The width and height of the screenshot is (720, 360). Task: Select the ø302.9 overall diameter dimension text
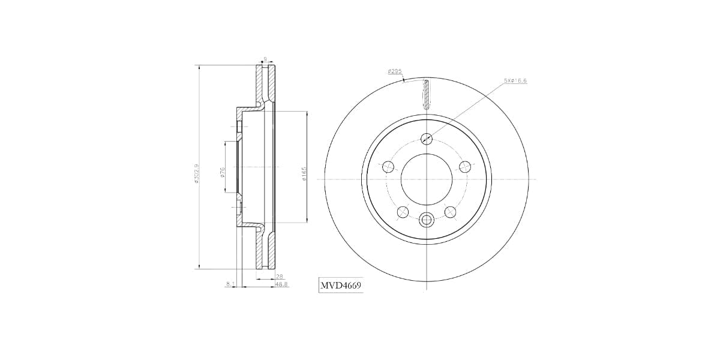(197, 173)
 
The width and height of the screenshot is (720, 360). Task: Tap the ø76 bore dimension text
(223, 172)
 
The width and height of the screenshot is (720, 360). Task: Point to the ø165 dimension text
(304, 173)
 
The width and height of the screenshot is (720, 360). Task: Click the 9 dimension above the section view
(265, 59)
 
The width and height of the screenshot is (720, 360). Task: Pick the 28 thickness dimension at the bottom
(279, 276)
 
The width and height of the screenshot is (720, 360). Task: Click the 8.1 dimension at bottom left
(230, 284)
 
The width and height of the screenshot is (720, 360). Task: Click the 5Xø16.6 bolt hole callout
(515, 80)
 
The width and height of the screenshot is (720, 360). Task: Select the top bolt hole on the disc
(427, 138)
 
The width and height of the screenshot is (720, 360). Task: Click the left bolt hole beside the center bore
(388, 167)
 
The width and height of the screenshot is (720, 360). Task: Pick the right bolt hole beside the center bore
(464, 167)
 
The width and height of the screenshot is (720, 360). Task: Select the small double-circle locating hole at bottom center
(427, 220)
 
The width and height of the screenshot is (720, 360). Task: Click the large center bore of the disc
(427, 179)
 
